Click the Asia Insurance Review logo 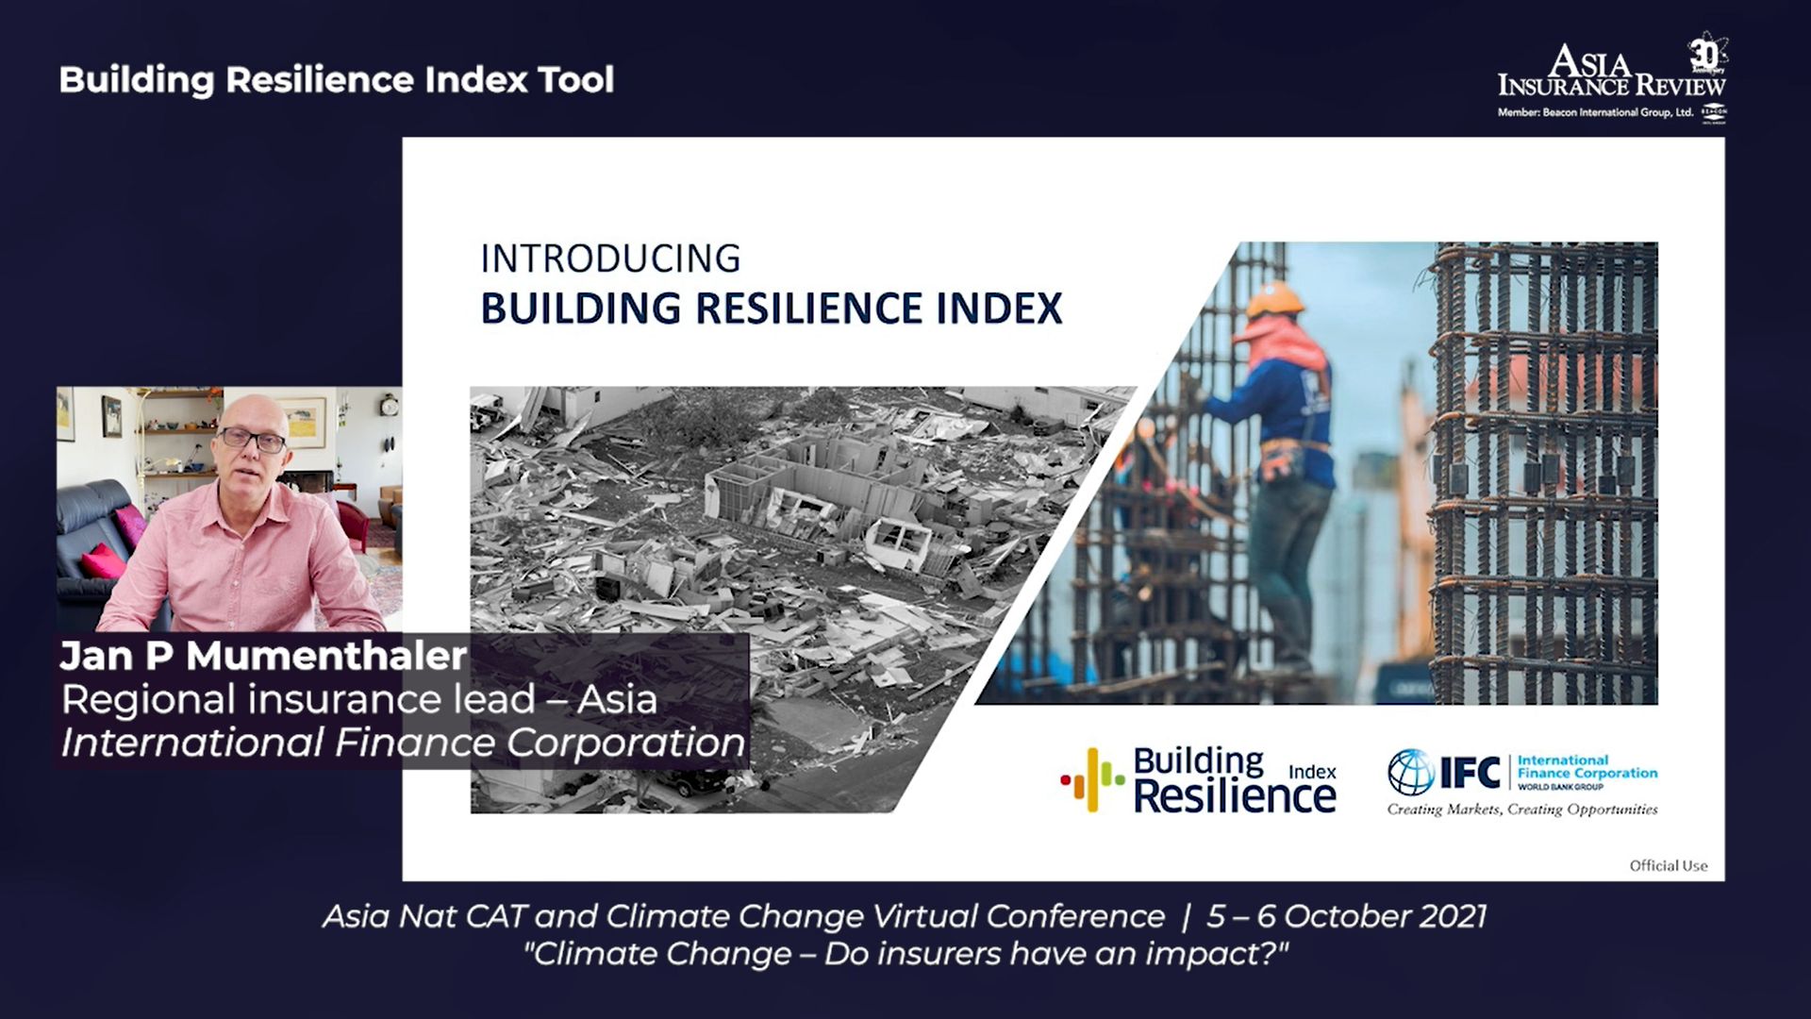[1613, 79]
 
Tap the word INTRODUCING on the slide [611, 259]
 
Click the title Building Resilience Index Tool [337, 80]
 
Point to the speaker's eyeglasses [252, 440]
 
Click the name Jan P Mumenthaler [263, 656]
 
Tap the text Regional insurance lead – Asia [359, 699]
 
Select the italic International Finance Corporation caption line [404, 743]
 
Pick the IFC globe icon [1410, 772]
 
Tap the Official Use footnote [1669, 865]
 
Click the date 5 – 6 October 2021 [1347, 916]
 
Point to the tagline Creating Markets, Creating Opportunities [1522, 809]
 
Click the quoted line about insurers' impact [905, 954]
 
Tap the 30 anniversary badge [1706, 55]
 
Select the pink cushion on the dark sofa [104, 562]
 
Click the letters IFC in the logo [1470, 773]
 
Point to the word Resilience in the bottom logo [1235, 795]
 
